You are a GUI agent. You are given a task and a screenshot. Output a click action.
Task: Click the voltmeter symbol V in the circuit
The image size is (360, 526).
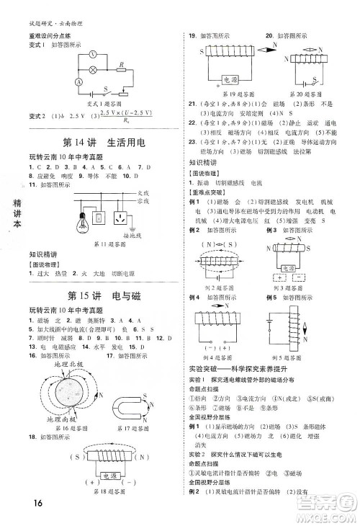[92, 54]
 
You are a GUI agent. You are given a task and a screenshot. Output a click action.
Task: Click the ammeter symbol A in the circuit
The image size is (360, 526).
[77, 82]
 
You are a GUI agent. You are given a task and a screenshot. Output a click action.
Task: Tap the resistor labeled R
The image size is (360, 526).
[122, 71]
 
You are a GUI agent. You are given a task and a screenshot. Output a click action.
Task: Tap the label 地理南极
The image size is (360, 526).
[44, 419]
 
